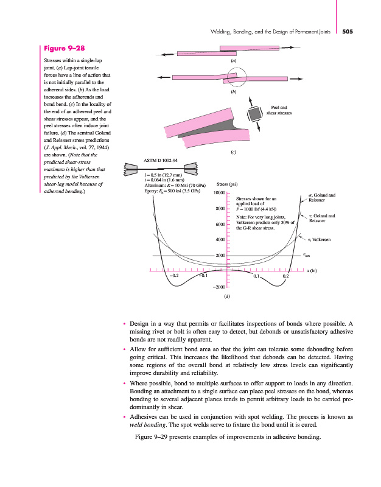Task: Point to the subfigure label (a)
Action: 233,62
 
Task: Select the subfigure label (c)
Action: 233,152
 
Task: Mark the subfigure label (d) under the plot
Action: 226,296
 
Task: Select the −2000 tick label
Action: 220,286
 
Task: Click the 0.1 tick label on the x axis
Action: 256,275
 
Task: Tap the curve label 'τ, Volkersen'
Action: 319,240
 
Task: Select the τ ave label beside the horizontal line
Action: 307,256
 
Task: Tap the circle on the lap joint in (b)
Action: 233,77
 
